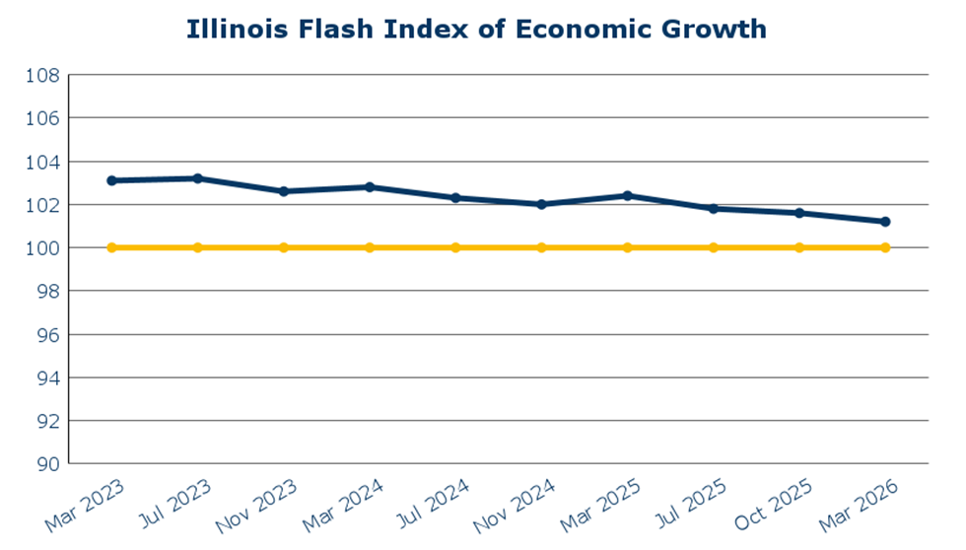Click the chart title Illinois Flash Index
(x=476, y=30)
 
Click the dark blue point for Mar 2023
(x=111, y=180)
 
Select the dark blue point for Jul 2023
(x=198, y=178)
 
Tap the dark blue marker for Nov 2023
(x=284, y=191)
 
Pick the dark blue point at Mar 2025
(x=627, y=195)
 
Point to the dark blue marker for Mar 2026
(x=885, y=222)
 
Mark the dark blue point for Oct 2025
(x=799, y=213)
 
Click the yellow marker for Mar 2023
(x=111, y=247)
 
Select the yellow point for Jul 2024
(x=455, y=247)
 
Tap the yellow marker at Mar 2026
(x=885, y=247)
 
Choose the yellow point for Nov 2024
(x=541, y=247)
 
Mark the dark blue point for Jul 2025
(x=713, y=209)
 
